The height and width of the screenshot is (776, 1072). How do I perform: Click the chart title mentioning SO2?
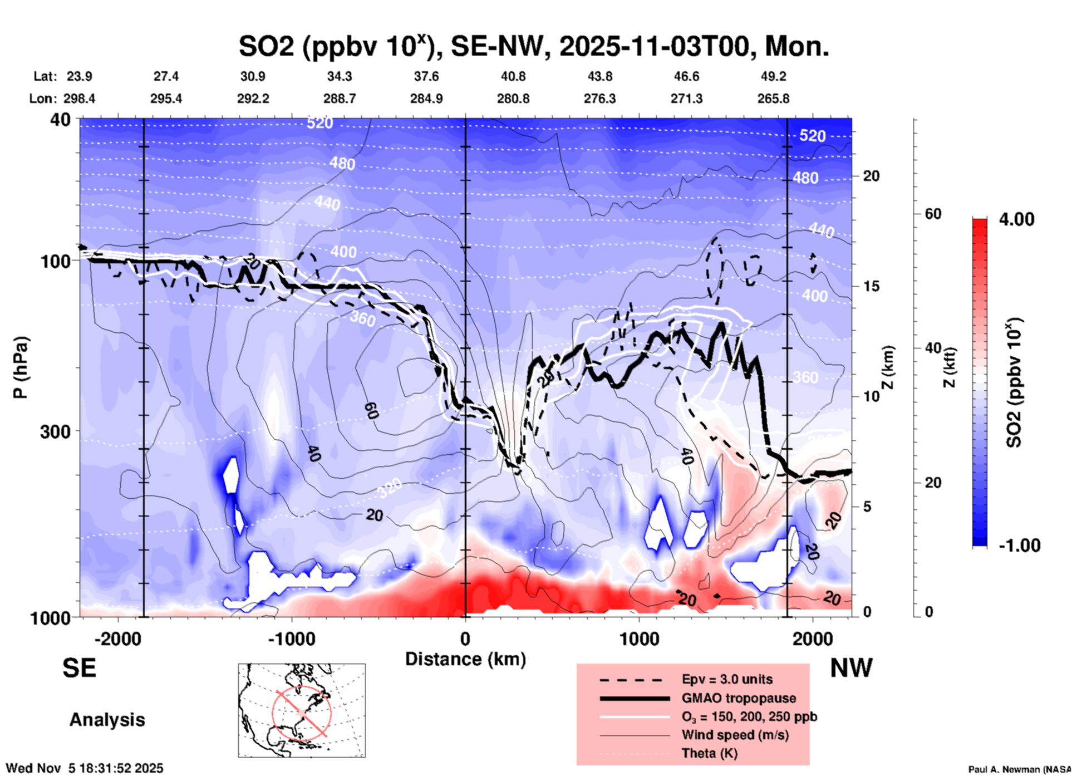(533, 47)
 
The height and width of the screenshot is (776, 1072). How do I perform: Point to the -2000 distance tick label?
(117, 639)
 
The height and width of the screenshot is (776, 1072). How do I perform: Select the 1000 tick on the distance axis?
(639, 639)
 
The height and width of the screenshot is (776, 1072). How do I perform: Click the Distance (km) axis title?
(465, 659)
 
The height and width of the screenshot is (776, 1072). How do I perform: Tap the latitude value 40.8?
(513, 76)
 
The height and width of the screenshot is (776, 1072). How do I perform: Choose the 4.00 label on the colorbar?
(1016, 219)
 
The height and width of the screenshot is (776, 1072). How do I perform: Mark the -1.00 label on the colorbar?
(1019, 546)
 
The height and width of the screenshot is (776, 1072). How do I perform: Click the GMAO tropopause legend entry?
(739, 698)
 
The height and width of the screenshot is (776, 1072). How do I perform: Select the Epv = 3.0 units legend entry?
(727, 679)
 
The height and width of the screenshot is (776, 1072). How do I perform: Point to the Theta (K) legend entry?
(709, 754)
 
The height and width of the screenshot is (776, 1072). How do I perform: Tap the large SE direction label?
(79, 668)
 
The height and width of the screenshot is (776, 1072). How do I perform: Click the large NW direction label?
(851, 668)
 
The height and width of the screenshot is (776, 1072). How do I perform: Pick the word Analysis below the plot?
(107, 720)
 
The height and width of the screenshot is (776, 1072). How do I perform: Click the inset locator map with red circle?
(302, 710)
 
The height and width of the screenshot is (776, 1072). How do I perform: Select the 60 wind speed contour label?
(371, 411)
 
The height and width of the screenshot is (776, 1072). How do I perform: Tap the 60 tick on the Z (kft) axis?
(933, 214)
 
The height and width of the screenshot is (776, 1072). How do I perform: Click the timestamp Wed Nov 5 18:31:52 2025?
(85, 768)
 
